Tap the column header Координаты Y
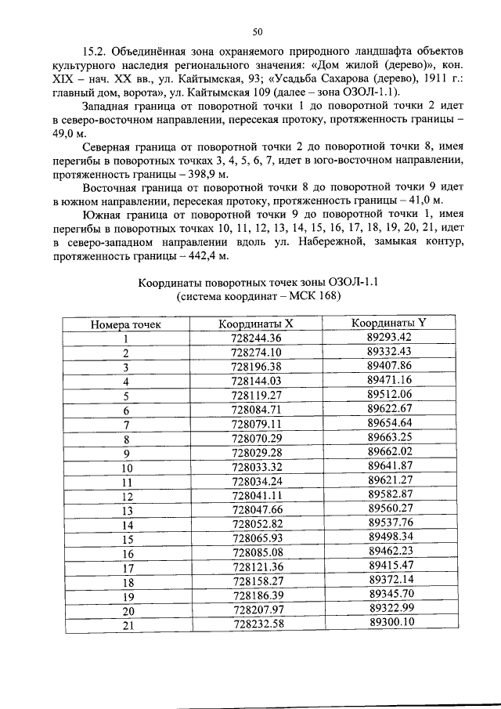coord(389,323)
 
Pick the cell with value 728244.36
coord(256,338)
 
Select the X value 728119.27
coord(256,395)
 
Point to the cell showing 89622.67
coord(389,409)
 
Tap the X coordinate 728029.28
coord(256,453)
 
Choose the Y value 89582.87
coord(389,494)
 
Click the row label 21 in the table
coord(125,624)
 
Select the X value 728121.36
coord(256,566)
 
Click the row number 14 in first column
coord(125,524)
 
